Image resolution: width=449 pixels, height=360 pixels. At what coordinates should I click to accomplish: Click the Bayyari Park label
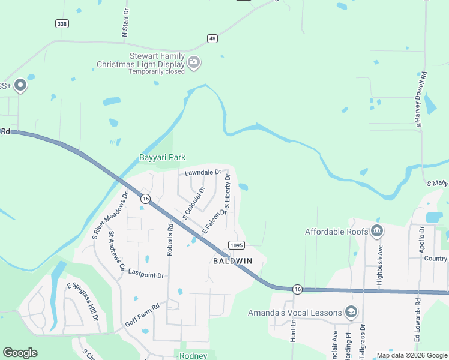162,157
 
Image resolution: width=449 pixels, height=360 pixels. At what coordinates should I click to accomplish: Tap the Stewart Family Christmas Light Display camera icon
194,62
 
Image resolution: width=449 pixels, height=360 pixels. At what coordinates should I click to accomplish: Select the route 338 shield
61,23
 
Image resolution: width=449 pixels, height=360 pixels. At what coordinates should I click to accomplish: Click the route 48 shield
212,38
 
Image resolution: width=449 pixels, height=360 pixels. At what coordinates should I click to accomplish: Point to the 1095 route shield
235,245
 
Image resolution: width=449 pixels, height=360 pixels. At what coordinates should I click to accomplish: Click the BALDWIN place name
232,261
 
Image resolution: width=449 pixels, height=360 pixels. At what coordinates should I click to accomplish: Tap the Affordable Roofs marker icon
377,230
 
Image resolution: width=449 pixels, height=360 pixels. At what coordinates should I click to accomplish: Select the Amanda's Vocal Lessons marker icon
351,312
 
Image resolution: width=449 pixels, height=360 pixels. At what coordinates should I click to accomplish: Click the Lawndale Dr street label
203,172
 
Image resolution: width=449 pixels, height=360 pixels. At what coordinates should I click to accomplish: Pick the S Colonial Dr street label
193,203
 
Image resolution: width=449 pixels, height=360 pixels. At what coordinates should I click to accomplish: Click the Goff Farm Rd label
142,315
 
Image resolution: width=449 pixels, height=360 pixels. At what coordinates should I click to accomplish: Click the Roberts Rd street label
170,237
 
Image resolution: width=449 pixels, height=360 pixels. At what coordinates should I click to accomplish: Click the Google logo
20,352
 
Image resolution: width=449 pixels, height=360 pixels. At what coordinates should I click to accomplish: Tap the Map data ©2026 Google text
411,355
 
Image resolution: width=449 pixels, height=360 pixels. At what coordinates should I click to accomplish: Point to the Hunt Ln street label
294,330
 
